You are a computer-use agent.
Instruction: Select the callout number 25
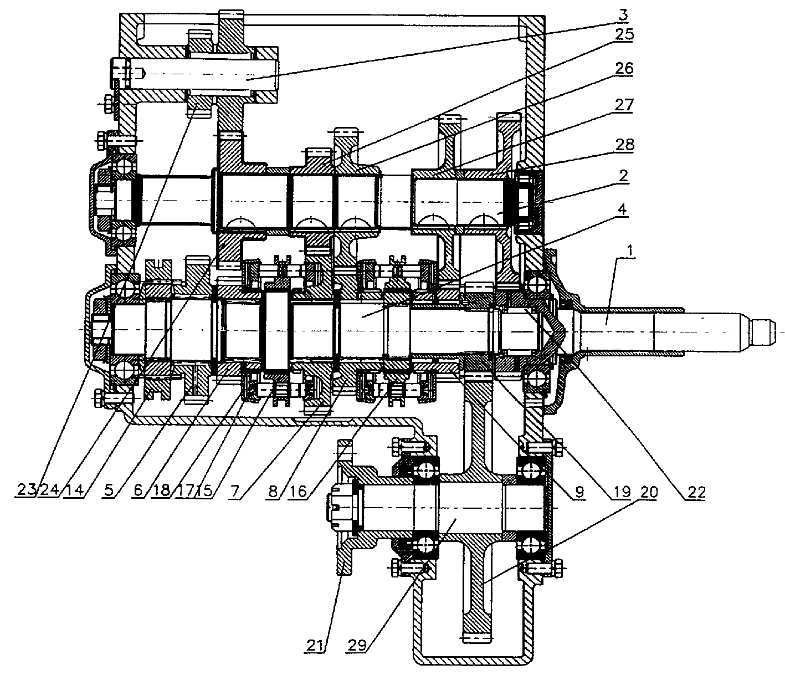click(623, 34)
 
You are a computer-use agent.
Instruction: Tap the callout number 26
click(623, 68)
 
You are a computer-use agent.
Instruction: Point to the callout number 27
click(623, 105)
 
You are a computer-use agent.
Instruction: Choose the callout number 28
click(624, 145)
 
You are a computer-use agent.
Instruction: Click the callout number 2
click(622, 176)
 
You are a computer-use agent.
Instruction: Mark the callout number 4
click(622, 209)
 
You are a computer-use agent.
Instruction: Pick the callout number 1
click(629, 250)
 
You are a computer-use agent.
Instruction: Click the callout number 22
click(695, 493)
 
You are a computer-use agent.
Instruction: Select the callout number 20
click(649, 492)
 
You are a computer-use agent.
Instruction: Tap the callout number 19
click(620, 492)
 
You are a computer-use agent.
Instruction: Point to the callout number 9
click(579, 492)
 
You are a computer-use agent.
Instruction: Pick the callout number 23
click(25, 490)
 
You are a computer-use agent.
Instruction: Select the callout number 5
click(109, 490)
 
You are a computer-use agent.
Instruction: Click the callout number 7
click(235, 491)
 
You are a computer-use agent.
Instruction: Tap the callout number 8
click(273, 491)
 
